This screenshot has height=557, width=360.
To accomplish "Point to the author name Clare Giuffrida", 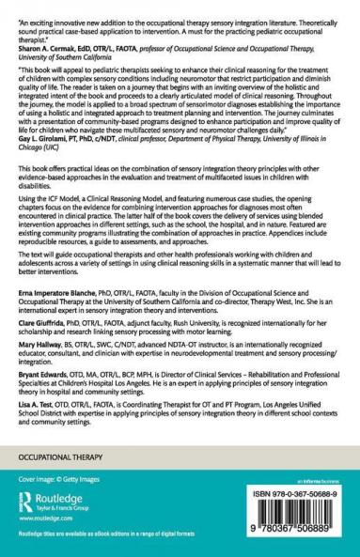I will (40, 345).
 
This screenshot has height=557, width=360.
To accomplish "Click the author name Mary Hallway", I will (38, 367).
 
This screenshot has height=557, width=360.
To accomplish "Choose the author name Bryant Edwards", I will (40, 398).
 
